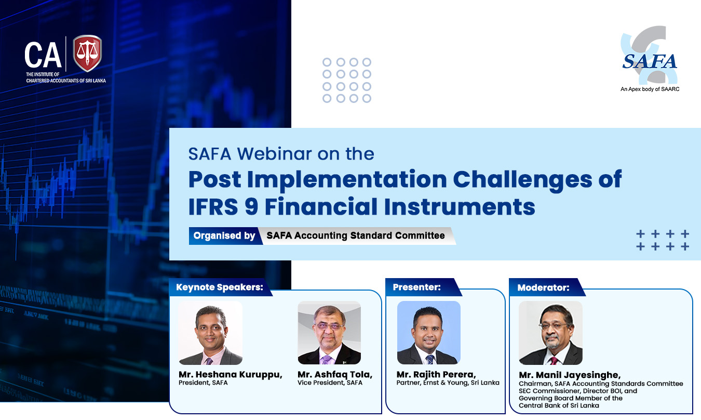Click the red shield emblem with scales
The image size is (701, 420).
[x=87, y=53]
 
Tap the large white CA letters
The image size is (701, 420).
[x=43, y=55]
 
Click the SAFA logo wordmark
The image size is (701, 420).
[x=650, y=61]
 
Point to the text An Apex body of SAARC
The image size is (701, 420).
[x=650, y=89]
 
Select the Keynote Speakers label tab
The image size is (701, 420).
[x=220, y=287]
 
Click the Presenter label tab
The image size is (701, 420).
[x=417, y=287]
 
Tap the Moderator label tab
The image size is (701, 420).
[x=543, y=287]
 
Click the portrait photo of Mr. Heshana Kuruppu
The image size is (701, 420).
[x=210, y=333]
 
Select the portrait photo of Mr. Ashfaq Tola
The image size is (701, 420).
[x=329, y=333]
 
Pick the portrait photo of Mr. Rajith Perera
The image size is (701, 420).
[x=429, y=333]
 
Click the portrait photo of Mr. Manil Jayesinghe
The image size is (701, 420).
[x=550, y=333]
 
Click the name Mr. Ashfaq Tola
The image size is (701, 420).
[x=335, y=374]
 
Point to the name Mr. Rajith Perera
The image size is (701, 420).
[x=436, y=374]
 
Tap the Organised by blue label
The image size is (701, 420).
[x=224, y=236]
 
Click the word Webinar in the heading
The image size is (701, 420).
[x=275, y=154]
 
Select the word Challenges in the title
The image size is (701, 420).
[x=522, y=180]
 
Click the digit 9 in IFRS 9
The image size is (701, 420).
[x=251, y=207]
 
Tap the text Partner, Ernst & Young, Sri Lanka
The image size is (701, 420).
[x=448, y=383]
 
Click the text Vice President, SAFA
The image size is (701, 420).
[x=330, y=383]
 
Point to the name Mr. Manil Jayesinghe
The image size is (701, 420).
[x=570, y=375]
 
